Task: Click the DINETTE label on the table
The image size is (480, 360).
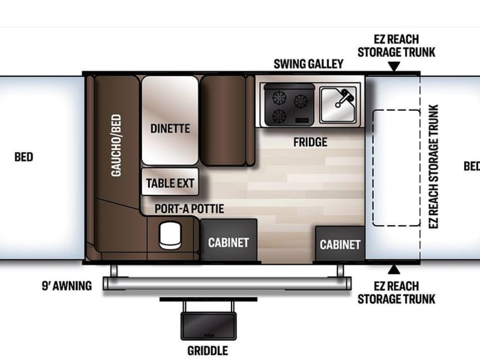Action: click(x=170, y=128)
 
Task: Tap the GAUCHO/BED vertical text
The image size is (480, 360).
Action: click(x=116, y=145)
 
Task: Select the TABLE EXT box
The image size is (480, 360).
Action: click(x=170, y=182)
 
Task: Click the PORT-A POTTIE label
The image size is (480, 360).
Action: click(x=189, y=209)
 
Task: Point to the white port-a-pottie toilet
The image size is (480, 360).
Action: click(x=170, y=235)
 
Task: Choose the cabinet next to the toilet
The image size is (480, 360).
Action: click(x=229, y=241)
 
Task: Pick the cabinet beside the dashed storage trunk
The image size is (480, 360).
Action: click(x=340, y=244)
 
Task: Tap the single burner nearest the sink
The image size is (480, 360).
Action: click(x=301, y=101)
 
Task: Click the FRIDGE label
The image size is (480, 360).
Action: click(x=310, y=142)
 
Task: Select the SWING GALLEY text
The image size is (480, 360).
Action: click(x=308, y=64)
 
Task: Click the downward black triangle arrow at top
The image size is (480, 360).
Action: click(x=394, y=67)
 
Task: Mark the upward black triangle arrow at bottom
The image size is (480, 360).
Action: click(x=394, y=269)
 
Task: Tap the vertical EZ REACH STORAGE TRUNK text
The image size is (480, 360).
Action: click(x=433, y=167)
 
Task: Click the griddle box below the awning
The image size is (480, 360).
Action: click(x=208, y=326)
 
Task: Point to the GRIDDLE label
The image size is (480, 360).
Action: click(x=208, y=351)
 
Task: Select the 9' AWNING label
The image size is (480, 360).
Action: click(x=67, y=286)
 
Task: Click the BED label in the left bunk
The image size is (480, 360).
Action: click(x=23, y=157)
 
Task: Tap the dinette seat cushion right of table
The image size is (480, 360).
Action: click(x=223, y=121)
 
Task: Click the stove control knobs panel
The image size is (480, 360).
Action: click(x=302, y=121)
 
